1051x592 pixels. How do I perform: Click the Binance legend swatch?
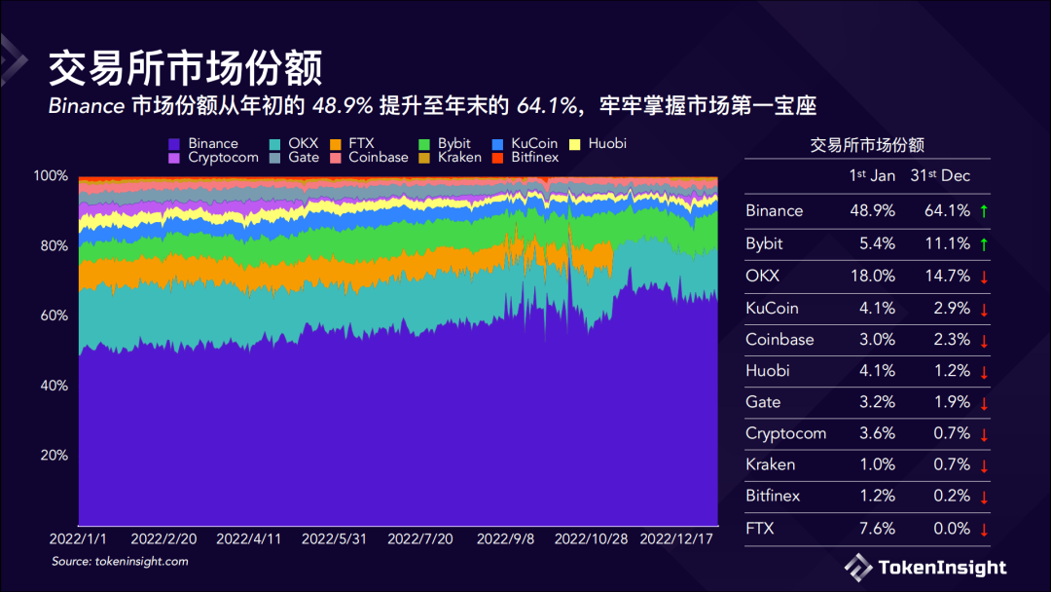pos(174,144)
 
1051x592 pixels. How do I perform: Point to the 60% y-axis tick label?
pos(51,315)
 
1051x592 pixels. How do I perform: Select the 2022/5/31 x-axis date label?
pos(334,537)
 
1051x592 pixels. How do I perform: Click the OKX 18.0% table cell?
pos(872,276)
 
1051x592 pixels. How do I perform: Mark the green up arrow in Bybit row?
pos(984,243)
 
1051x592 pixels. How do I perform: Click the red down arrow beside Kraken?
pos(984,465)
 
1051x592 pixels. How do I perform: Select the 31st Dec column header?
pos(940,175)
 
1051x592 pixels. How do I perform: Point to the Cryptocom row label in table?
pos(785,433)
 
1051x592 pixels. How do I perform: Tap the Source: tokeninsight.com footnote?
pos(120,562)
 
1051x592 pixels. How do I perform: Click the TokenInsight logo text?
pos(941,568)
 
